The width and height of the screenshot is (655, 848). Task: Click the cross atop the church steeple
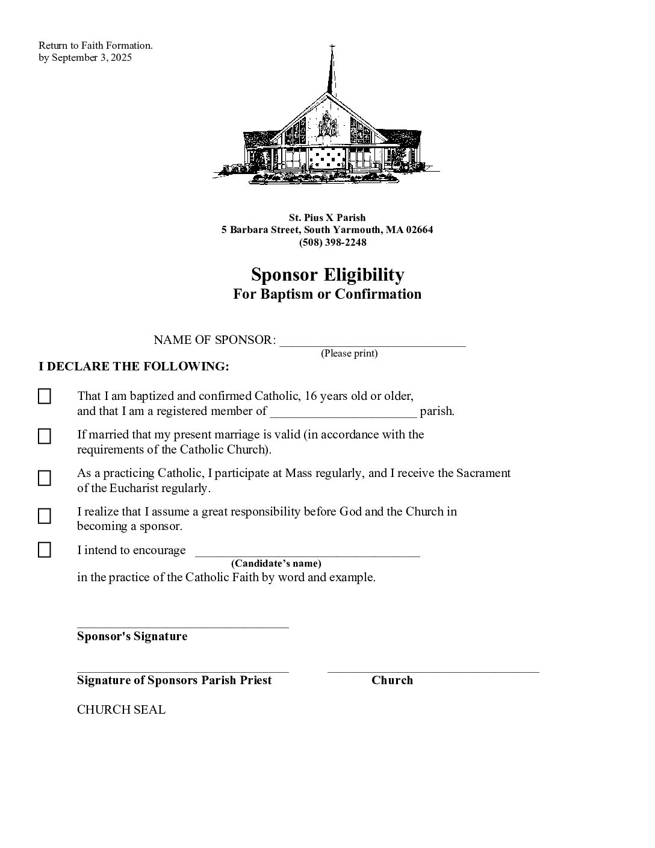[331, 47]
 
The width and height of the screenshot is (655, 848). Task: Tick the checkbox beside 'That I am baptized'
[45, 396]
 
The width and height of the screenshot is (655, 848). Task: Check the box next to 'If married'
[45, 436]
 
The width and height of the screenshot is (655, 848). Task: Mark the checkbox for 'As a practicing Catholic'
[45, 478]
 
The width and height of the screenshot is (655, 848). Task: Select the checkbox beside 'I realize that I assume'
[45, 516]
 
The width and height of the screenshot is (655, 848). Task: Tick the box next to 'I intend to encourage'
[45, 550]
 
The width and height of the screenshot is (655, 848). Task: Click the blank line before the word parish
[343, 414]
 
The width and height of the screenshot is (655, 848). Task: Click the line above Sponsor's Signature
[182, 626]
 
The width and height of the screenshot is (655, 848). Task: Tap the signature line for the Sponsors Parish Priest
[182, 670]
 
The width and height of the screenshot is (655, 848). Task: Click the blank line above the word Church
[433, 670]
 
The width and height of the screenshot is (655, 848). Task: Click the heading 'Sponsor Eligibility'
[327, 275]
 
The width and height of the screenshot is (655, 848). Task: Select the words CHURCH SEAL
[121, 709]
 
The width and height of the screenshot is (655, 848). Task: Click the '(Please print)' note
[349, 354]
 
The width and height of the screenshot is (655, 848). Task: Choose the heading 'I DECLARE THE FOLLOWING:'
[134, 367]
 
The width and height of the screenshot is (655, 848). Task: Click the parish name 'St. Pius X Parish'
[327, 217]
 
